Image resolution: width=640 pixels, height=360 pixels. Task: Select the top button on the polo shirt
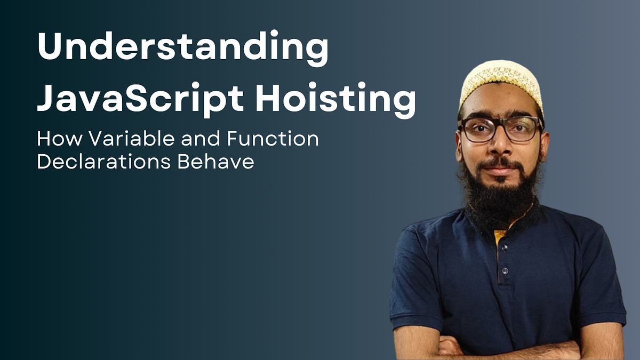pyautogui.click(x=503, y=248)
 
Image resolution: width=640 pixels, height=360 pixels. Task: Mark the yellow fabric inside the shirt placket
pyautogui.click(x=500, y=237)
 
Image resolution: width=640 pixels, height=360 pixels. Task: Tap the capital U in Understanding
pyautogui.click(x=50, y=47)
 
